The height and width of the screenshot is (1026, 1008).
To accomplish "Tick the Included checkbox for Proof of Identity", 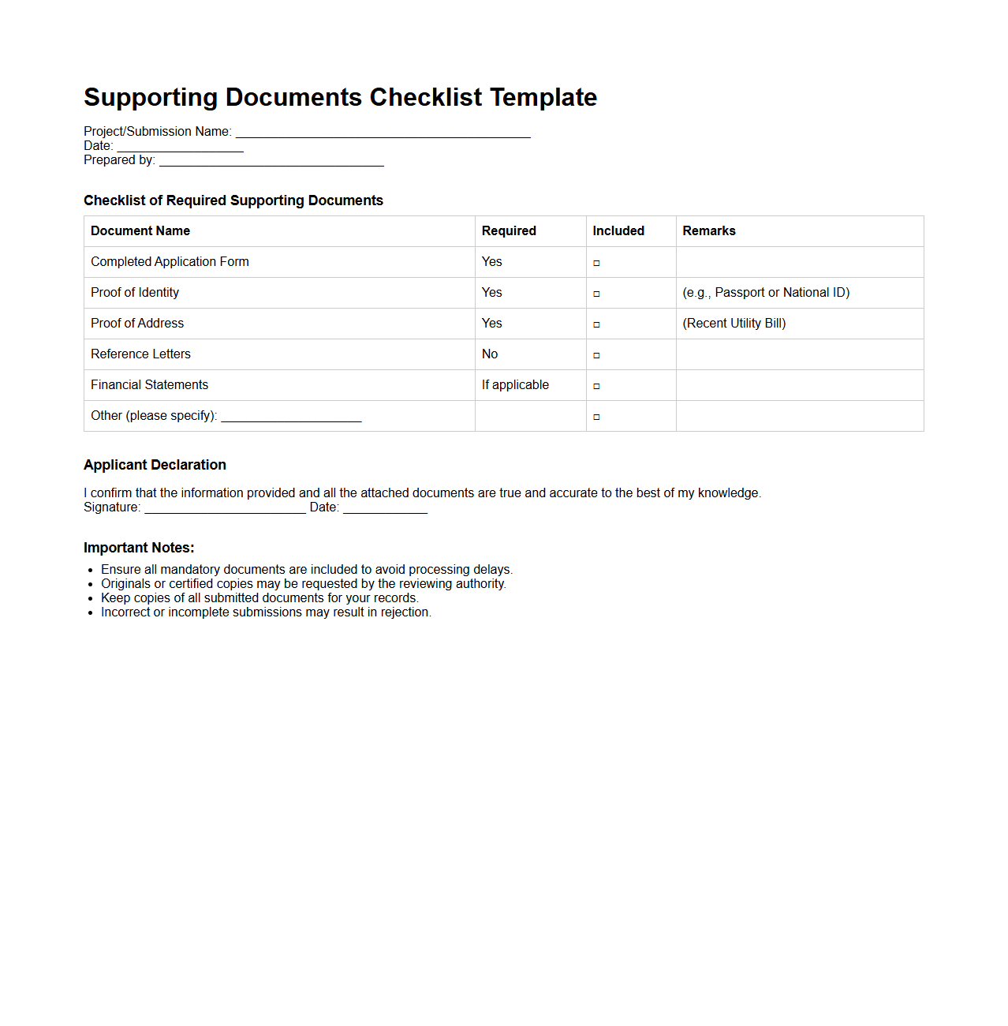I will coord(596,294).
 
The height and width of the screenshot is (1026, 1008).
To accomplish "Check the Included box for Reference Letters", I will coord(596,355).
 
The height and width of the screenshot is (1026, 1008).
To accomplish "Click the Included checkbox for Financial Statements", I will coord(596,386).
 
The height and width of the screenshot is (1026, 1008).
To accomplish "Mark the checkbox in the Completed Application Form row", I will coord(596,263).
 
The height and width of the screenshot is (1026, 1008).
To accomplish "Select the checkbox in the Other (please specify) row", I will coord(596,417).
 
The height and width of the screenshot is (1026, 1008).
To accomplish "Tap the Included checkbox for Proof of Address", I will coord(596,324).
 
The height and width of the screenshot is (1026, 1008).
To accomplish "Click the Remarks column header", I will coord(708,230).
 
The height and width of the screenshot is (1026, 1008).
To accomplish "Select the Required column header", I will coord(509,230).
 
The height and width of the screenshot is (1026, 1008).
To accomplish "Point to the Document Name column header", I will coord(140,230).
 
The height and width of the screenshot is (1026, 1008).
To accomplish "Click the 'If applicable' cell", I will coord(515,384).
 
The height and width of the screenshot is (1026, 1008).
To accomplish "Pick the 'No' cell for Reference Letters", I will coord(490,354).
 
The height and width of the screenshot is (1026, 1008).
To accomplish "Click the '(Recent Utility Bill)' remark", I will coord(734,323).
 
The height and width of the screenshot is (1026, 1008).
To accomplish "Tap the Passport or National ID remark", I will coord(766,292).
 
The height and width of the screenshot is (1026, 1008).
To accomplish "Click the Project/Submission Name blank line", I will coord(383,133).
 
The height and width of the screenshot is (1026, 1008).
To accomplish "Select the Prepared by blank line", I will coord(271,162).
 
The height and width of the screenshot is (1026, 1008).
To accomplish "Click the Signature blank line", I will coord(225,509).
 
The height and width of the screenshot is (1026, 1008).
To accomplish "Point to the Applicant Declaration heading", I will coord(155,465).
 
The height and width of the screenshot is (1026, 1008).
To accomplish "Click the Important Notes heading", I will coord(139,548).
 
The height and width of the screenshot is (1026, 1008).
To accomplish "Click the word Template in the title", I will coord(543,97).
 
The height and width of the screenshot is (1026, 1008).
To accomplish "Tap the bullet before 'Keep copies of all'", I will coord(91,599).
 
